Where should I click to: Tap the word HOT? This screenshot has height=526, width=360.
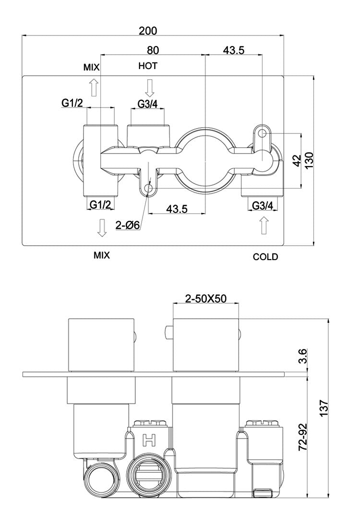[x=148, y=66]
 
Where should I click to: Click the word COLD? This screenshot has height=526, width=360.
[x=265, y=257]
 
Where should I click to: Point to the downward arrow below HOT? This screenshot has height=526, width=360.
[x=150, y=87]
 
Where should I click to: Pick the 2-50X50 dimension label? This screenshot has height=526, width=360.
[x=206, y=299]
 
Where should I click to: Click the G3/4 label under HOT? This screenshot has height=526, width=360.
[x=147, y=104]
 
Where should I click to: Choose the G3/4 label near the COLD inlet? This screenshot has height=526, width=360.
[x=263, y=205]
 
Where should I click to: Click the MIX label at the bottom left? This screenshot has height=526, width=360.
[x=102, y=256]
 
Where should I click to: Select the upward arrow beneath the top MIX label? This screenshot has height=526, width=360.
[x=94, y=88]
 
